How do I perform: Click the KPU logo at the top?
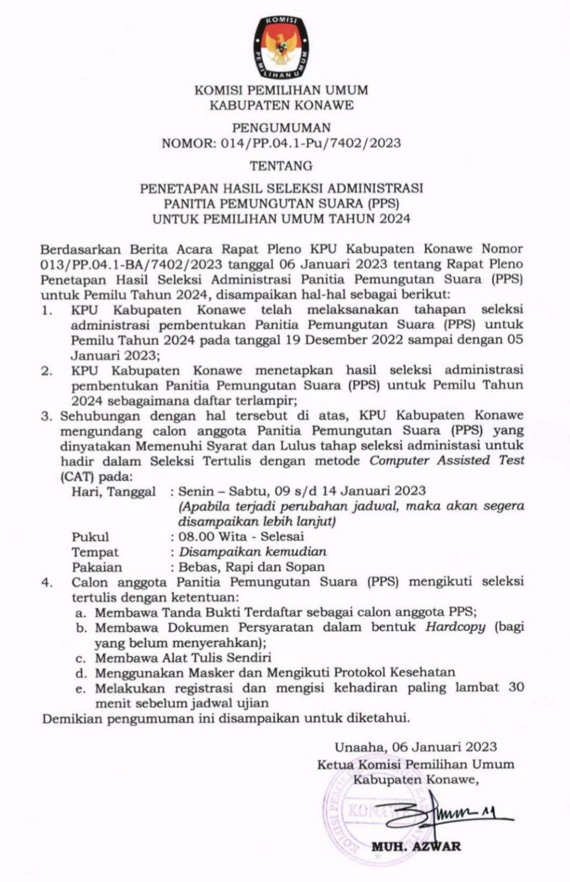[x=281, y=46]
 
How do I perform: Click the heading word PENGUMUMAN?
[x=281, y=128]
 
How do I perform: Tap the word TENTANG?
[x=281, y=165]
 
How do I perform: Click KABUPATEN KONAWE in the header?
[x=281, y=105]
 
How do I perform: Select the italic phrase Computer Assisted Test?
[x=447, y=460]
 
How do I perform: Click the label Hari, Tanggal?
[x=113, y=491]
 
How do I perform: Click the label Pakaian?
[x=97, y=567]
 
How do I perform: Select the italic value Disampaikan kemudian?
[x=252, y=551]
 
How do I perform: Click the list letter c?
[x=81, y=658]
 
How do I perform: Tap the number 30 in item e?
[x=515, y=687]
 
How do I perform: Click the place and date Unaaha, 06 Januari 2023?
[x=415, y=747]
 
